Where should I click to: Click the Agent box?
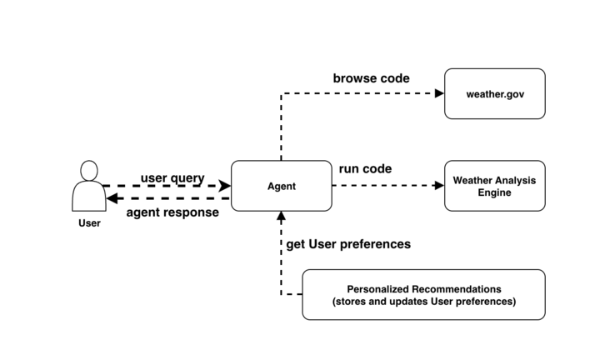tap(280, 186)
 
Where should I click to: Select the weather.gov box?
tap(494, 93)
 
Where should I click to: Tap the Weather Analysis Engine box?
tap(494, 186)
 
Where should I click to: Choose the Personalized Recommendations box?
tap(423, 295)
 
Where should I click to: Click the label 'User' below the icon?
tap(88, 223)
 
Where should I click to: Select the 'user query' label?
tap(172, 177)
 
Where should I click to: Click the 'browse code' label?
tap(371, 78)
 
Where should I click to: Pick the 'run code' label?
tap(365, 169)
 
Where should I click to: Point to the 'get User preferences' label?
tap(348, 244)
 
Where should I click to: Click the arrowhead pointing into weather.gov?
tap(439, 93)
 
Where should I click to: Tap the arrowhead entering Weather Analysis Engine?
tap(439, 186)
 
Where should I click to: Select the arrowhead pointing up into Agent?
tap(281, 216)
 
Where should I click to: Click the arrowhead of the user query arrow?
tap(224, 186)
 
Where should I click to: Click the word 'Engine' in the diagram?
tap(494, 192)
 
